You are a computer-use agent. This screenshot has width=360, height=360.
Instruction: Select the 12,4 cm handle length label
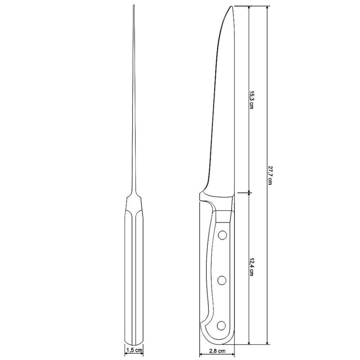click(252, 267)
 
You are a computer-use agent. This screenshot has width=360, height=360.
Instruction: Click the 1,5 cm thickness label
click(134, 349)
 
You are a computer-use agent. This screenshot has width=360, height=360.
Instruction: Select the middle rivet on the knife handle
click(222, 280)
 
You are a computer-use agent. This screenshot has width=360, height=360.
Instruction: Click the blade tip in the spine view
click(134, 6)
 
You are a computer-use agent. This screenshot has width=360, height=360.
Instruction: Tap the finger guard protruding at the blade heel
click(201, 196)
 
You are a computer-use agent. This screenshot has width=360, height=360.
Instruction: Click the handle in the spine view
click(134, 274)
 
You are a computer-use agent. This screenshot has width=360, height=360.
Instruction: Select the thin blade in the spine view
click(134, 108)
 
